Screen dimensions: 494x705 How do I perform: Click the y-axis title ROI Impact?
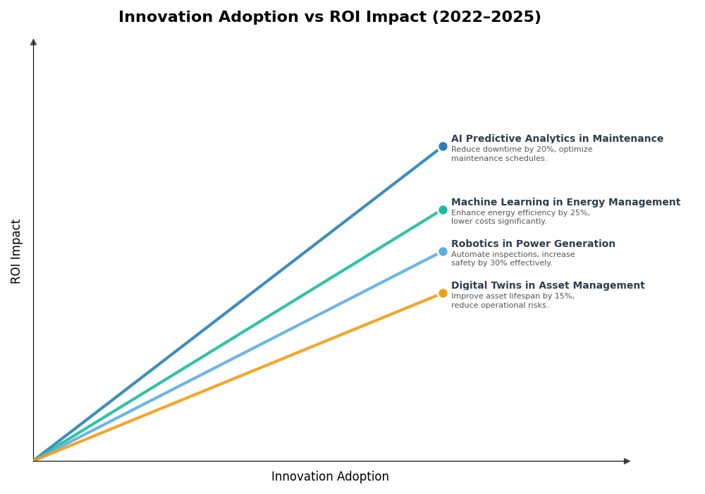click(16, 251)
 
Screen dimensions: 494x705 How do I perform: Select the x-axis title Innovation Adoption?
click(330, 477)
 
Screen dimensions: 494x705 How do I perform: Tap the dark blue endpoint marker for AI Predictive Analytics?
click(443, 147)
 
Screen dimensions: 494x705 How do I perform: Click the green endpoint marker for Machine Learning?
click(443, 210)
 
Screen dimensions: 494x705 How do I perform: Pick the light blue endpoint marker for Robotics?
click(443, 251)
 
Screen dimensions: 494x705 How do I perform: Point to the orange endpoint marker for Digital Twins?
click(443, 294)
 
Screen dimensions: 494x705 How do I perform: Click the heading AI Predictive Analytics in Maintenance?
click(557, 139)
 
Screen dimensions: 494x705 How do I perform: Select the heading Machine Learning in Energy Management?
click(565, 203)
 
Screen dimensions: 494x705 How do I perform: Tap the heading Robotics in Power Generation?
click(533, 244)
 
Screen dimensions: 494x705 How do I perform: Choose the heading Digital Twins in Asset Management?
click(548, 286)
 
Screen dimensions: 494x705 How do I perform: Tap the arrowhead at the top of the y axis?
click(33, 42)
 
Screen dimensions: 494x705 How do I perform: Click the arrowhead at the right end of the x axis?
click(627, 461)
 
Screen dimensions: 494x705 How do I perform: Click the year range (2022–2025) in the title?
click(486, 18)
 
